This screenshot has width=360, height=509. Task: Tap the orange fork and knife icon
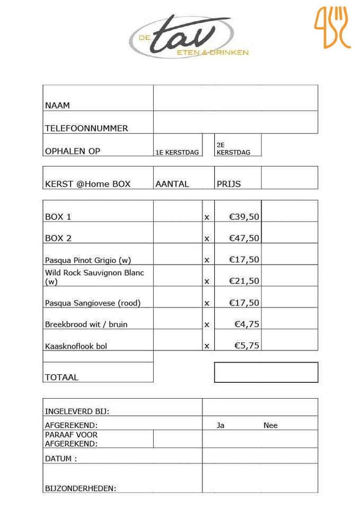pos(332,28)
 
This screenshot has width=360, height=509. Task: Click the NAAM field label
pos(57,105)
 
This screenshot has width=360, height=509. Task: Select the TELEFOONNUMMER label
pos(86,128)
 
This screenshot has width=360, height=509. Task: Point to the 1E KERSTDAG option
pos(177,152)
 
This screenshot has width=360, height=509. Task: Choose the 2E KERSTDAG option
pos(233,148)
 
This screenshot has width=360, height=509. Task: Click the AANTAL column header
pos(172,184)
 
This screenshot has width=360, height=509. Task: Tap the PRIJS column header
pos(229,184)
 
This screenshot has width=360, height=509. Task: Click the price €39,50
pos(244,216)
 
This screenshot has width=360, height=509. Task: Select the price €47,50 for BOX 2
pos(244,238)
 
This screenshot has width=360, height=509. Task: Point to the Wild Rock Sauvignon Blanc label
pos(94,277)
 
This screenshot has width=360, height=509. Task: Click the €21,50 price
pos(244,281)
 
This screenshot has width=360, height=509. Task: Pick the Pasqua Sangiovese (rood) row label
pos(92,303)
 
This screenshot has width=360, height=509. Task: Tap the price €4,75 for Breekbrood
pos(247,324)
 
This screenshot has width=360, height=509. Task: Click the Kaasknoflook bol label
pos(76,346)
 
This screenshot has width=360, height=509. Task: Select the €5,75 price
pos(247,346)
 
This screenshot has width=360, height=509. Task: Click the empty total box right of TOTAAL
pos(266,372)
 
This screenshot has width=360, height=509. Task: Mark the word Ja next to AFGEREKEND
pos(220,425)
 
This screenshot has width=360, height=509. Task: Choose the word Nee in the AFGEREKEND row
pos(270,425)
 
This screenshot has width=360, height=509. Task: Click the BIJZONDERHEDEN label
pos(80,488)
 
